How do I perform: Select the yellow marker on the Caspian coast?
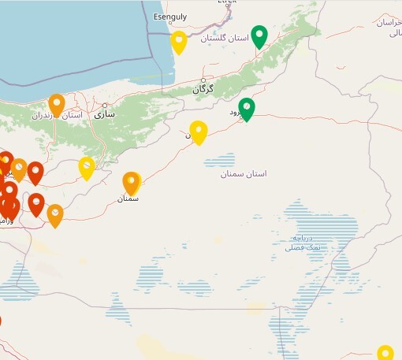click(179, 42)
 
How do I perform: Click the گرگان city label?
click(203, 90)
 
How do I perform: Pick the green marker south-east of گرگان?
click(247, 109)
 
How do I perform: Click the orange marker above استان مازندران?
click(57, 104)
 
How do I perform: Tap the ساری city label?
click(104, 114)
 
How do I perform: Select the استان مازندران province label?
click(58, 116)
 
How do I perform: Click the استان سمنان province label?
click(244, 173)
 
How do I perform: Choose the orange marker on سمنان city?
click(131, 183)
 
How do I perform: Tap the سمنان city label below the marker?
click(128, 199)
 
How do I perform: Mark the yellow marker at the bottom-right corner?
click(385, 353)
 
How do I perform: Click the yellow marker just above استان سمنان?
click(199, 132)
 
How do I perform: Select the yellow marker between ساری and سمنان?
click(87, 167)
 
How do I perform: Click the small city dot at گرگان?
click(203, 80)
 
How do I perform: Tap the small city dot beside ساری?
click(104, 105)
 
